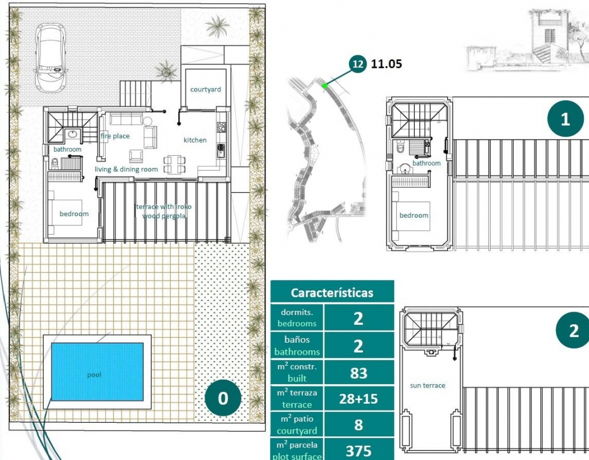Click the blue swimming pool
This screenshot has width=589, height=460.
coord(97,372)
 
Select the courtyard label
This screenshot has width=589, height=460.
coord(205,89)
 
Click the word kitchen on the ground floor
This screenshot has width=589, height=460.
coord(195,140)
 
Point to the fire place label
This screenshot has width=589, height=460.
coord(115,136)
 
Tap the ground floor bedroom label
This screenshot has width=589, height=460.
coord(74,214)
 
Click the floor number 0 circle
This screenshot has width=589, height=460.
coord(223,398)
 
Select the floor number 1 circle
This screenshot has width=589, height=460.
coord(565,119)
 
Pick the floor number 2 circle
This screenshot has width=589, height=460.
coord(573,331)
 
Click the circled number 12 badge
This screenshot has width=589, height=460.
coord(358,64)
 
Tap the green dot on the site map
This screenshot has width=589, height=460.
coord(325,86)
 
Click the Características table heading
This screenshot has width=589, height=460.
coord(332,293)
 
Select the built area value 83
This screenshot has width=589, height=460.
coord(358,373)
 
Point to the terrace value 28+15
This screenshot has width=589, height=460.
coord(358,399)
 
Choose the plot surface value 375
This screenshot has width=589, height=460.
coord(358,451)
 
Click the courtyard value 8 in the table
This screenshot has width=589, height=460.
coord(358,425)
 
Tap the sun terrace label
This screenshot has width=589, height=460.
coord(427,385)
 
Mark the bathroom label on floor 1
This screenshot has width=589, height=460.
coord(426,163)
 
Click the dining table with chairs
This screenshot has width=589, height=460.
coord(175,164)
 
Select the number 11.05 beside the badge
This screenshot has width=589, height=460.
coord(386,64)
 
